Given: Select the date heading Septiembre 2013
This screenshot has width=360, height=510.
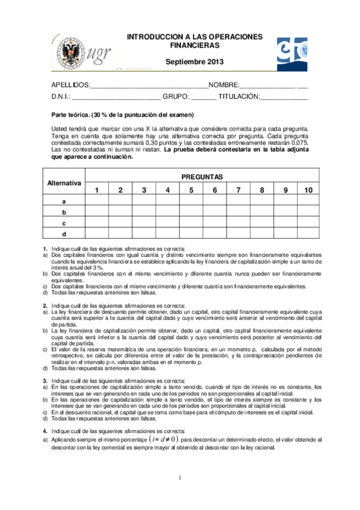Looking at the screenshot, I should coord(194,62).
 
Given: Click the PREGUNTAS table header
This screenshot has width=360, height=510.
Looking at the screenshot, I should coord(202,177).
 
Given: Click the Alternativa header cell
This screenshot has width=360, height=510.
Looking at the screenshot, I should coord(64,182).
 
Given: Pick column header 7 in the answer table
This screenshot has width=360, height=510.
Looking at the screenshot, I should coord(238,190).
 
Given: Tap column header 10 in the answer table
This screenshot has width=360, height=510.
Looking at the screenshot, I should coord(308,190).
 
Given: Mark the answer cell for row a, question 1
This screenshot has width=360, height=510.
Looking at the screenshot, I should coord(97,201).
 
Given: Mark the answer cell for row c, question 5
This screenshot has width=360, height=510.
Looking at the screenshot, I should coord(191,223).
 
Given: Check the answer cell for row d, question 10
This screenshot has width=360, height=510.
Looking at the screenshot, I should coord(308,233).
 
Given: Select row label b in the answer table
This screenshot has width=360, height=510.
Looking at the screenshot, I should coord(64,212).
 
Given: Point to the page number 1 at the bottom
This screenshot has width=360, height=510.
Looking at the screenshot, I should coord(179,478).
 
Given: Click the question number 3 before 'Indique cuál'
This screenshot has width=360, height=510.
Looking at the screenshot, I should coord(45,381).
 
